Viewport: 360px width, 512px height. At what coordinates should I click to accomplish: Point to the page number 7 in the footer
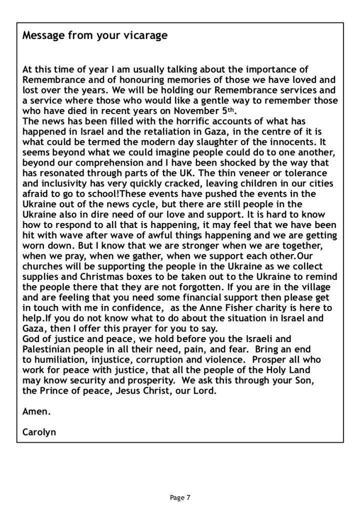tap(188, 498)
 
